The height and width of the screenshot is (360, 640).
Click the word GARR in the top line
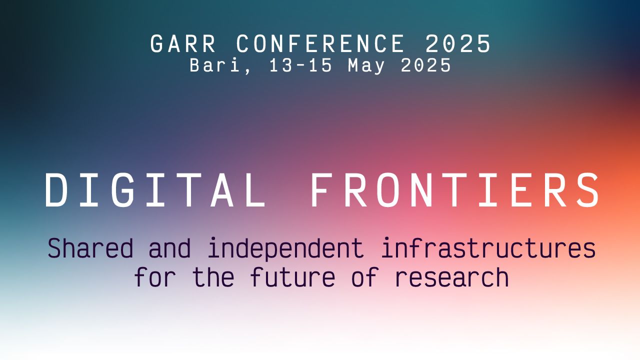[x=183, y=44]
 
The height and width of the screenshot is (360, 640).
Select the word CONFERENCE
[x=320, y=44]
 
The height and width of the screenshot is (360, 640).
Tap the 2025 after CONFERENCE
[x=458, y=44]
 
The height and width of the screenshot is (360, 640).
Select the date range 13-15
[x=300, y=65]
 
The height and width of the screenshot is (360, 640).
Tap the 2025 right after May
[x=426, y=65]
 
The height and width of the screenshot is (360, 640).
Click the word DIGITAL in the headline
[x=155, y=190]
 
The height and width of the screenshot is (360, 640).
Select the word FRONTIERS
[x=455, y=190]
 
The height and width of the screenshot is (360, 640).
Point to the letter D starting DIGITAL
[x=56, y=190]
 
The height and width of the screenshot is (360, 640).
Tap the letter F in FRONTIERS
[x=321, y=190]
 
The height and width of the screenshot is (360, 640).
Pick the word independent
[x=285, y=248]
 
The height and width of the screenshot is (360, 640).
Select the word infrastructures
[x=488, y=248]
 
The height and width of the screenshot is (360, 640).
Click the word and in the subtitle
[x=170, y=248]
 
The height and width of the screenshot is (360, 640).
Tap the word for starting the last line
[x=155, y=277]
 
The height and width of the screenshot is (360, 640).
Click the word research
[x=452, y=277]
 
